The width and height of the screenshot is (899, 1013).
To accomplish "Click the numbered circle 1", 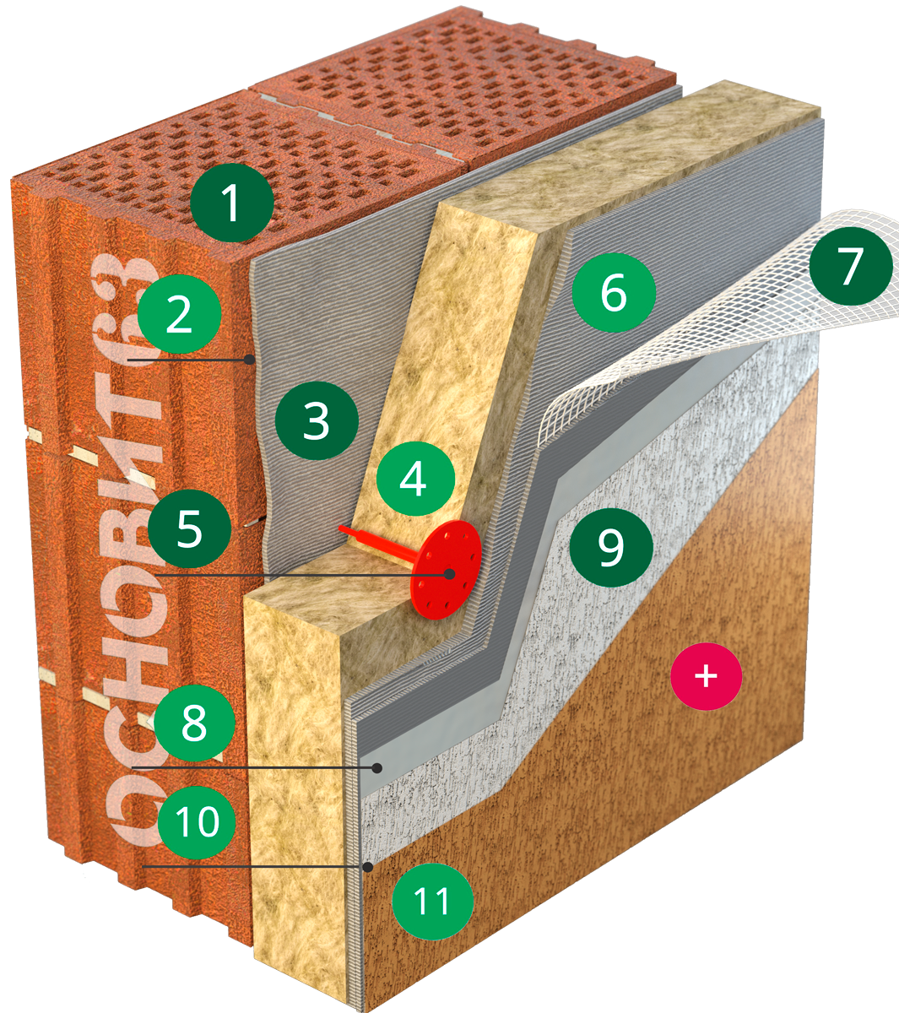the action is click(232, 203).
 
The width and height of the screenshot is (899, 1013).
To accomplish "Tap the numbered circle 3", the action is click(317, 420).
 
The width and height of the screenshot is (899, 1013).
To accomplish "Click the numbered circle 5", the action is click(189, 529).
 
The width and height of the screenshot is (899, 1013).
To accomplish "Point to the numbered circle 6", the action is click(614, 292).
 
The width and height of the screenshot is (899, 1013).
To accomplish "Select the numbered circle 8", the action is click(194, 721).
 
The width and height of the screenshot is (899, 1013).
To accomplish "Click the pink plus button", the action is click(706, 676).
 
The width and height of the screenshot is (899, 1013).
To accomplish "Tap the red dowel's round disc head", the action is click(445, 569).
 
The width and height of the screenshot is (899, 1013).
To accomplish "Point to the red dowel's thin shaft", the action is click(380, 543).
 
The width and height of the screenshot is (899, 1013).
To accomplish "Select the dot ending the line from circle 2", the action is click(249, 359).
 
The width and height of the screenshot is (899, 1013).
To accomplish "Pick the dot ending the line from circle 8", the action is click(377, 767).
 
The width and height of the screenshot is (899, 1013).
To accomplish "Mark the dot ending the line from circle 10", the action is click(369, 866).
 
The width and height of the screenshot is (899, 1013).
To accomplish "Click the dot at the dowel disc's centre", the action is click(450, 573).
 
